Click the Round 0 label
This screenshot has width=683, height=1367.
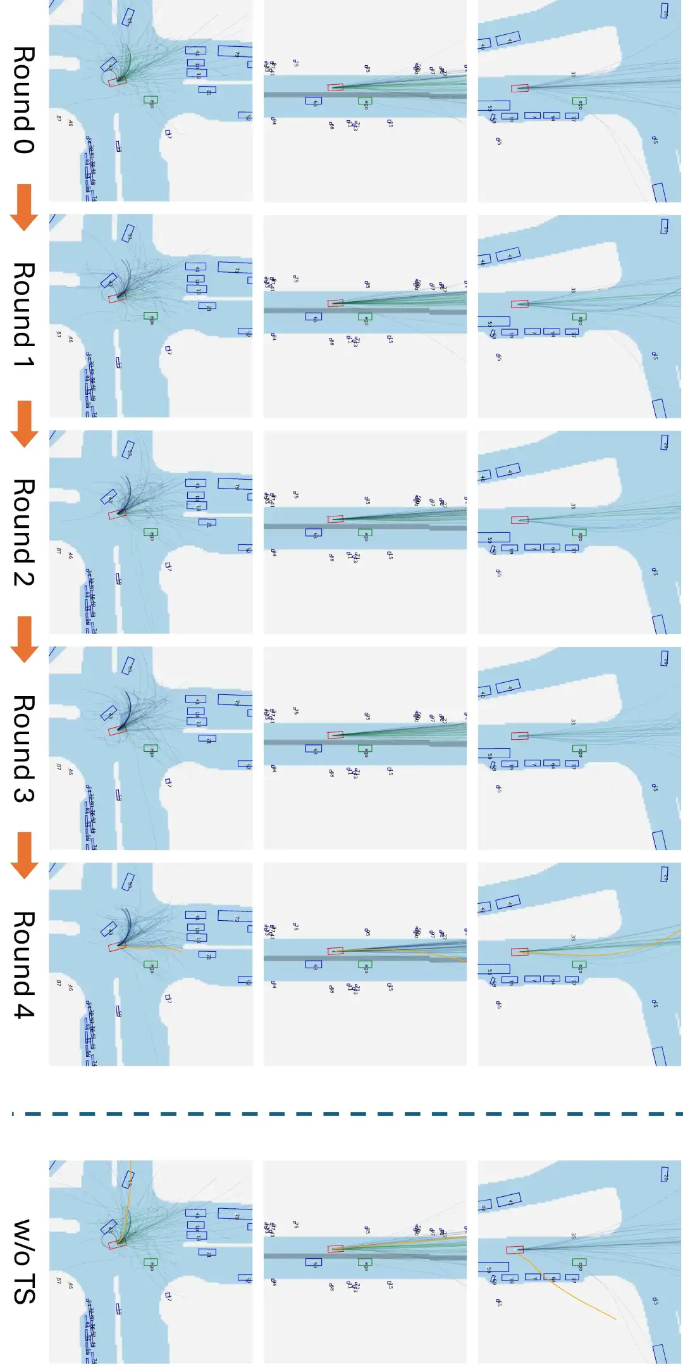click(23, 99)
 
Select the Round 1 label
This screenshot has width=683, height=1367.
click(23, 315)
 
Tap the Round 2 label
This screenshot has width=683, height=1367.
click(23, 532)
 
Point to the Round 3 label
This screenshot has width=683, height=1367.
click(23, 748)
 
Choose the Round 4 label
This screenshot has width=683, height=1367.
click(23, 964)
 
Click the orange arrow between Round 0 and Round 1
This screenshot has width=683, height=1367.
click(24, 207)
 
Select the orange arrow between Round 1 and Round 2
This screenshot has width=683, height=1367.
click(24, 423)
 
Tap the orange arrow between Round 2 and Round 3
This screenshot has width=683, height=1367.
click(24, 639)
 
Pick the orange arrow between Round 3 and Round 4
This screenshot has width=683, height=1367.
click(24, 855)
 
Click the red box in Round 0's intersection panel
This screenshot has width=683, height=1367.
click(118, 81)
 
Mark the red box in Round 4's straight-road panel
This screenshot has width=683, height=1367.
click(335, 951)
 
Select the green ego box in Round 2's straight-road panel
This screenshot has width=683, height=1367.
click(365, 533)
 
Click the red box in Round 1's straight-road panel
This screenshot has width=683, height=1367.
click(335, 303)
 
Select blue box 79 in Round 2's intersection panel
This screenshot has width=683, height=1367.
click(235, 484)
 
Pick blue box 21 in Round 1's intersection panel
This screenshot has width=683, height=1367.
click(207, 306)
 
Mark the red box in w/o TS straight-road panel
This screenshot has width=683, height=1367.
click(335, 1248)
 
